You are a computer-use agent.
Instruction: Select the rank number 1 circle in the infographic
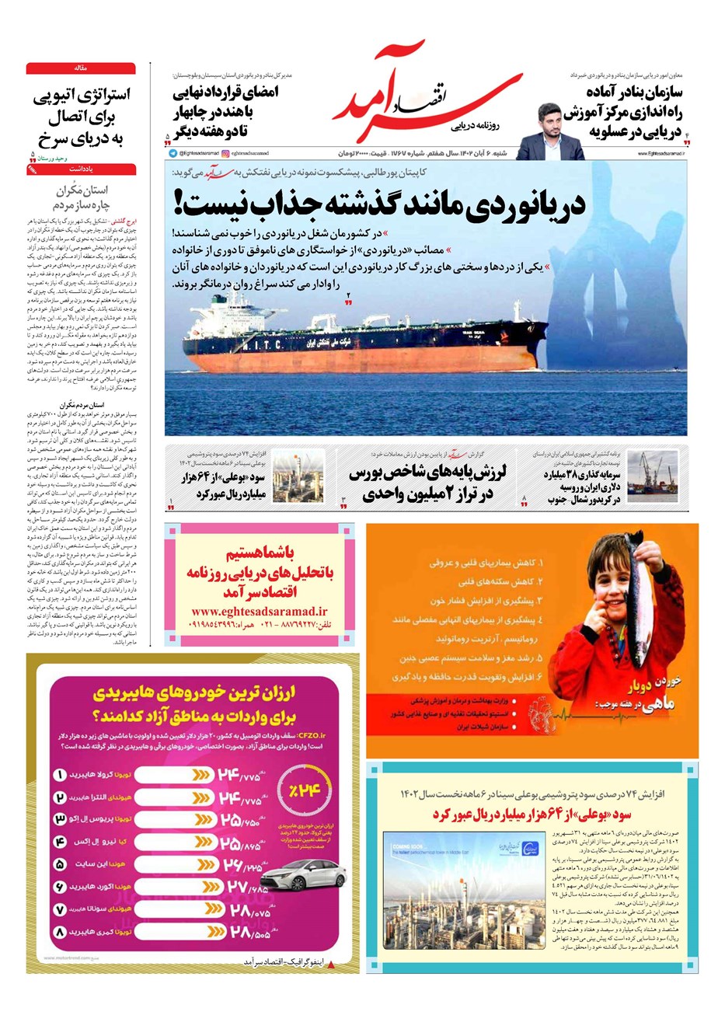61,774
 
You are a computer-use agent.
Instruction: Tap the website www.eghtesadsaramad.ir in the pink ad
259,611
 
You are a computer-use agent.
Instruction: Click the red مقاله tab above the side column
81,68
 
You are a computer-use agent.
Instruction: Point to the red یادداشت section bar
81,168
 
